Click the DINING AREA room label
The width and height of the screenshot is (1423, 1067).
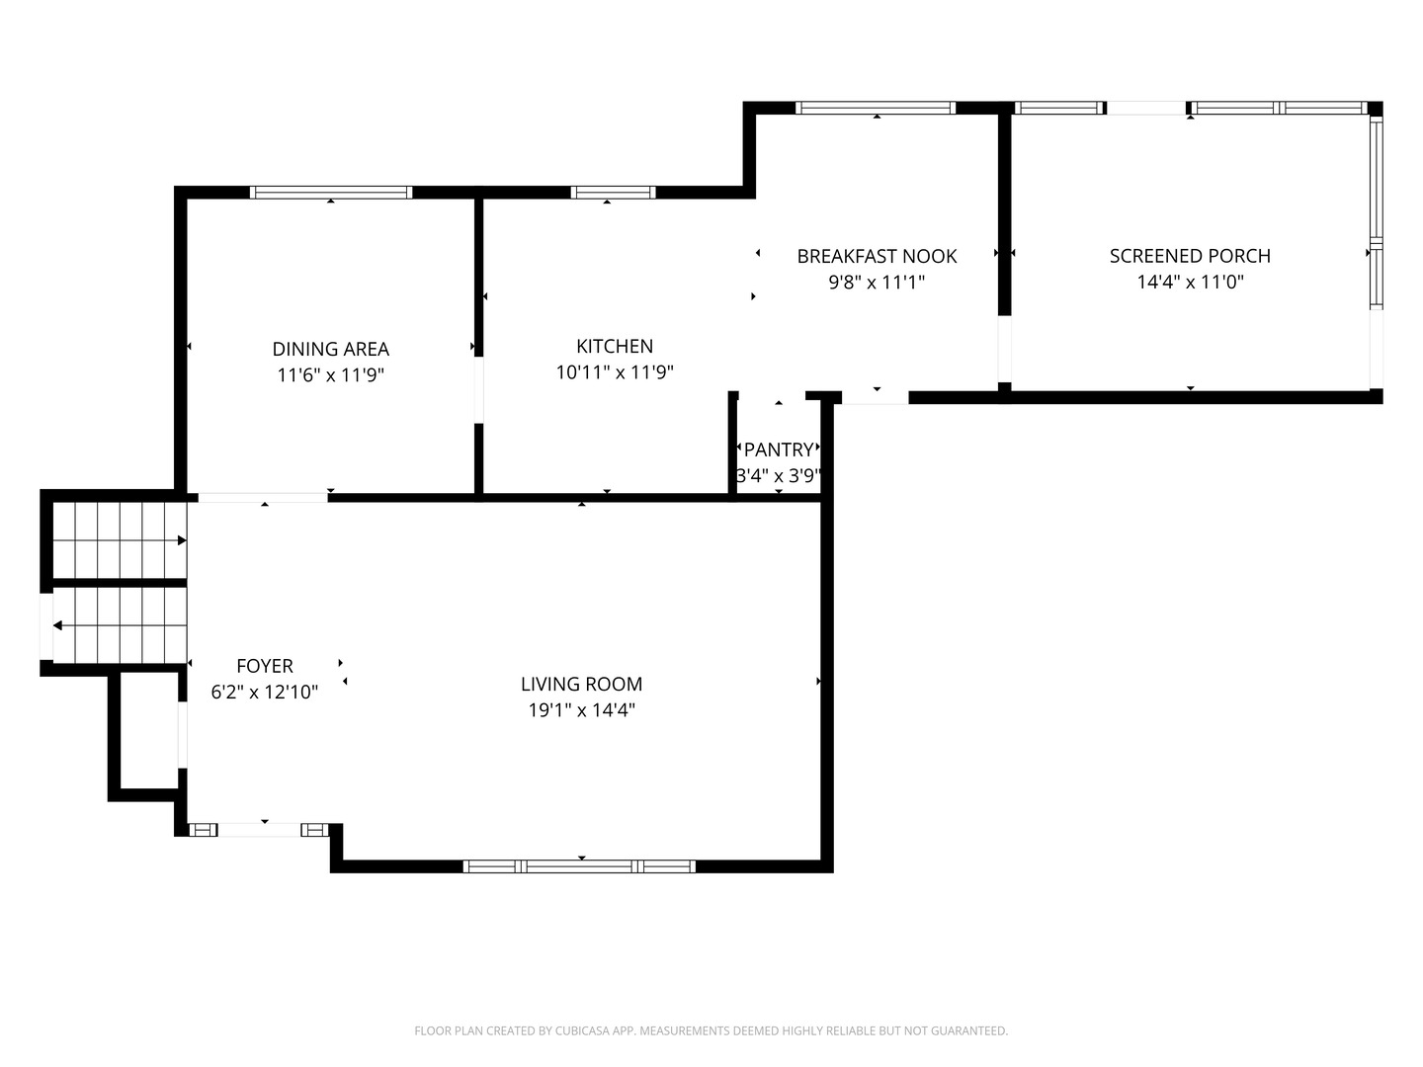pyautogui.click(x=330, y=349)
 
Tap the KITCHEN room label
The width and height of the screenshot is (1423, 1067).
pyautogui.click(x=614, y=346)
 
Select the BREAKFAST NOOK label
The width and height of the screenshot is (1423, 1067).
pyautogui.click(x=877, y=256)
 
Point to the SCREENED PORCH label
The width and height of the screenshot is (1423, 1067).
pyautogui.click(x=1190, y=256)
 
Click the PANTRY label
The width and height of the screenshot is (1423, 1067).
pyautogui.click(x=779, y=451)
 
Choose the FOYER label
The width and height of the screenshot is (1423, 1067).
pyautogui.click(x=264, y=666)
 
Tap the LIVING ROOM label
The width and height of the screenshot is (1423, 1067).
pyautogui.click(x=581, y=684)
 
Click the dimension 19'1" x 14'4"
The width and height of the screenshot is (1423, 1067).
pyautogui.click(x=581, y=710)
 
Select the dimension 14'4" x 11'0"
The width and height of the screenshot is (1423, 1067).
pyautogui.click(x=1190, y=283)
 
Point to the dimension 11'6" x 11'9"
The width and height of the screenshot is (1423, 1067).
pyautogui.click(x=330, y=375)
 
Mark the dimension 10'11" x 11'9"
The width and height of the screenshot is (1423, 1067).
pyautogui.click(x=614, y=372)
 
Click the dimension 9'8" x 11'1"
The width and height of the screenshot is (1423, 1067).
pyautogui.click(x=877, y=283)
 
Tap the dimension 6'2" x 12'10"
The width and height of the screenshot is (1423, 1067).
pyautogui.click(x=264, y=693)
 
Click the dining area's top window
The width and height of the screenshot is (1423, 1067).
pyautogui.click(x=330, y=193)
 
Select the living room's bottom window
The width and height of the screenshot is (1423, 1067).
pyautogui.click(x=579, y=866)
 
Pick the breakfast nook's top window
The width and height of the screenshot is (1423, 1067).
pyautogui.click(x=876, y=108)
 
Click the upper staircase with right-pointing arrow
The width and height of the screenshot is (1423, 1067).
pyautogui.click(x=119, y=539)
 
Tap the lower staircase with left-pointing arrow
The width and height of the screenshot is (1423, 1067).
pyautogui.click(x=119, y=625)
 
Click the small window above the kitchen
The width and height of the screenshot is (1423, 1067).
pyautogui.click(x=613, y=193)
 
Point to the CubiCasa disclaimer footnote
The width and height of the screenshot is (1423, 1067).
pyautogui.click(x=711, y=1030)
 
